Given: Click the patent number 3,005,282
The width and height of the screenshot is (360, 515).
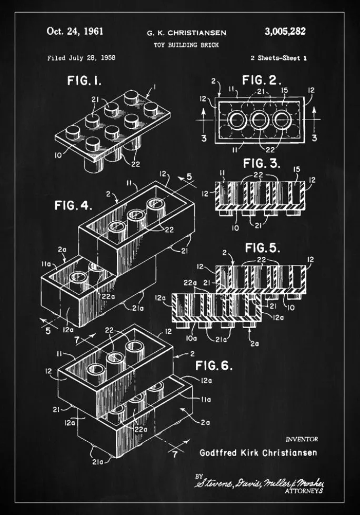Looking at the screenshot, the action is [x=285, y=32].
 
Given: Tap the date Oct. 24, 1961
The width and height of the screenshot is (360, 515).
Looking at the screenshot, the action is [x=75, y=31].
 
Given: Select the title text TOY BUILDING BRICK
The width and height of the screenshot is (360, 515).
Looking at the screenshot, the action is [x=186, y=45].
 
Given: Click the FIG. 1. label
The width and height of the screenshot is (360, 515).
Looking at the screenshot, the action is [x=84, y=81].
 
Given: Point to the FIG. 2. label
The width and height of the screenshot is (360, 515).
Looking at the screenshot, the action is [x=262, y=80].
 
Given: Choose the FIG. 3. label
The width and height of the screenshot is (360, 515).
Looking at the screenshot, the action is [x=262, y=163].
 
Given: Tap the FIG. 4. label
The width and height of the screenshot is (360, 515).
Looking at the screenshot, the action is [x=73, y=205].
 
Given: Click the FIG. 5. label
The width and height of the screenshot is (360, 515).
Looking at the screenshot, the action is [x=263, y=247].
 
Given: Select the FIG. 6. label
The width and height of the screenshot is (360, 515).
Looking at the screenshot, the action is [x=214, y=365].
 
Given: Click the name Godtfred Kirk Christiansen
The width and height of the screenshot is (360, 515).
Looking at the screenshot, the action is [x=258, y=452].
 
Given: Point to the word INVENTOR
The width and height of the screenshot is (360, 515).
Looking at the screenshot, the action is [x=302, y=439].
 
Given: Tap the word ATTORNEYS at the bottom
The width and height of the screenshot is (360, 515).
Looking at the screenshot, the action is [x=304, y=491].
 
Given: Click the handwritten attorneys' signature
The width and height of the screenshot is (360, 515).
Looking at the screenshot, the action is [x=259, y=483].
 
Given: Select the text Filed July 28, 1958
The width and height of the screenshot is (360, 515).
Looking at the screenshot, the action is [x=81, y=58].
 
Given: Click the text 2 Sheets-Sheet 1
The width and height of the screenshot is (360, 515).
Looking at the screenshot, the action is [x=278, y=58].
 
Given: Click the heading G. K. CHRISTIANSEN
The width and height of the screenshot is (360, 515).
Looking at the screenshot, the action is [x=186, y=33].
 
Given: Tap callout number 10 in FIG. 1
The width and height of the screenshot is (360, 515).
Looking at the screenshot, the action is [x=58, y=154].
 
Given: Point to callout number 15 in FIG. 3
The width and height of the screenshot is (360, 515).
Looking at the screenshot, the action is [x=296, y=170].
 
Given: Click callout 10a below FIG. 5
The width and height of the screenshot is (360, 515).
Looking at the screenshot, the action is [x=192, y=338].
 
